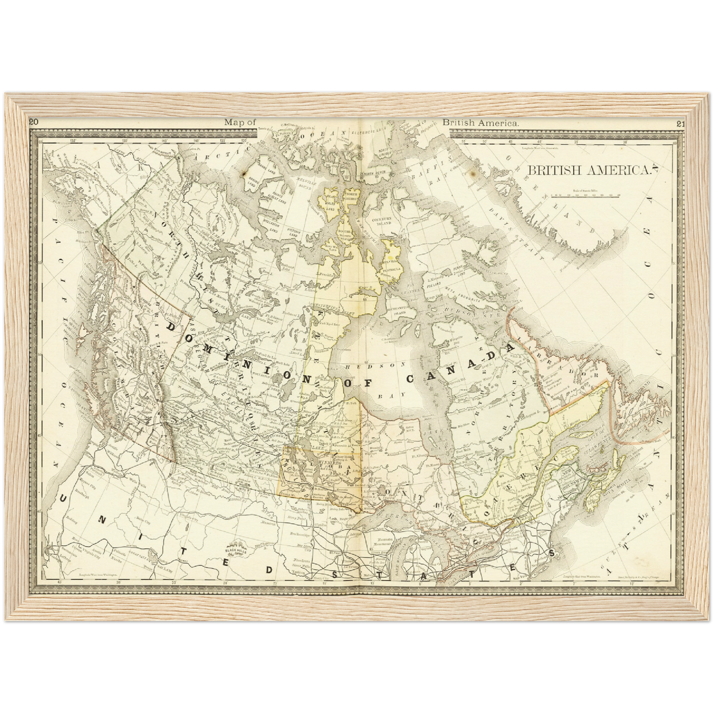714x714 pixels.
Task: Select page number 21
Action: [681, 124]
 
